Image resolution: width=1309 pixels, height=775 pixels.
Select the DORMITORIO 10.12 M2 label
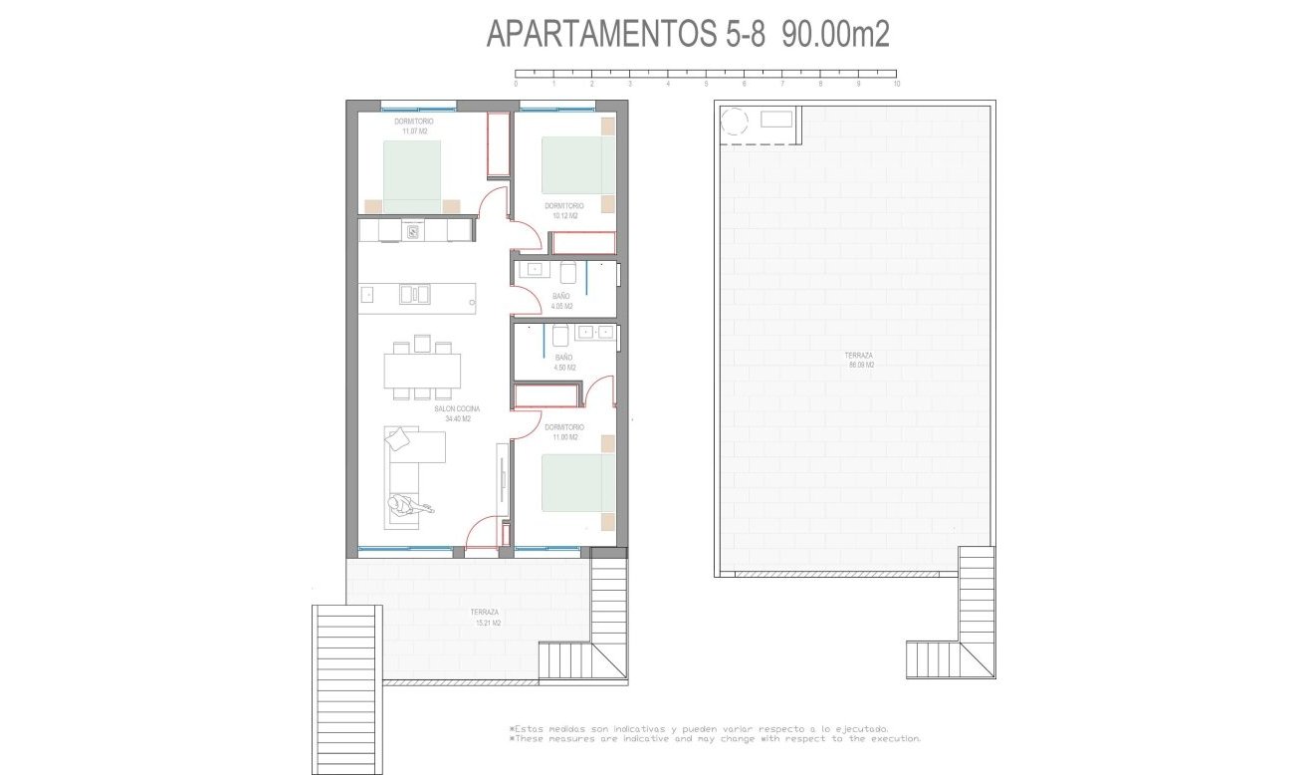pyautogui.click(x=563, y=210)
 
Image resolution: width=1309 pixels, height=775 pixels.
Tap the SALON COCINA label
pyautogui.click(x=458, y=414)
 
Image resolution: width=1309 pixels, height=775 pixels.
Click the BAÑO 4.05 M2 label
pyautogui.click(x=561, y=301)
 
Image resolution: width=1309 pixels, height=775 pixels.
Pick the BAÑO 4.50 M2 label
pyautogui.click(x=563, y=362)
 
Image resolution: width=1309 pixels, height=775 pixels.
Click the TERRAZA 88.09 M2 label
pyautogui.click(x=859, y=361)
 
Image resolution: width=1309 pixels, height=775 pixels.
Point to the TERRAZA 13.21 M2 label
pyautogui.click(x=487, y=618)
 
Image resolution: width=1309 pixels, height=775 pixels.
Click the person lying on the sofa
pyautogui.click(x=408, y=507)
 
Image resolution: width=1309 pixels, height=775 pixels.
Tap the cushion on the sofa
pyautogui.click(x=399, y=439)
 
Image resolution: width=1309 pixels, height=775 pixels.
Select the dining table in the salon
pyautogui.click(x=422, y=371)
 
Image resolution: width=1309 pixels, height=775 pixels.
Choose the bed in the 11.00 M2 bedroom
pyautogui.click(x=577, y=483)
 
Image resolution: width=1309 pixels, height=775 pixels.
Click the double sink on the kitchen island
pyautogui.click(x=414, y=294)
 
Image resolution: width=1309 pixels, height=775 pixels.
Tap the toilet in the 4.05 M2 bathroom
pyautogui.click(x=569, y=273)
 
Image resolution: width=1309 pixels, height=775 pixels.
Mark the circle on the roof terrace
pyautogui.click(x=734, y=122)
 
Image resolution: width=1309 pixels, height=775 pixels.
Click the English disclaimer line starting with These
pyautogui.click(x=715, y=739)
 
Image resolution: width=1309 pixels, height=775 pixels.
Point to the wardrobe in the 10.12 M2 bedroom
pyautogui.click(x=583, y=242)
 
